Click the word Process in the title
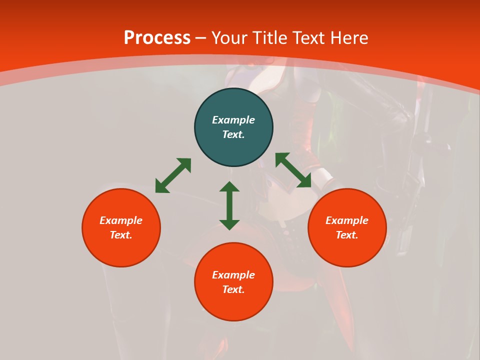pos(157,38)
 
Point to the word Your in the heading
pos(229,38)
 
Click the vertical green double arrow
pos(229,205)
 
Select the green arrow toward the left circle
pos(173,175)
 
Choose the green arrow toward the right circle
pos(293,170)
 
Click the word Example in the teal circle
pos(233,120)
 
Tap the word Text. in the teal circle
pos(233,134)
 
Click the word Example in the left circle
pos(121,220)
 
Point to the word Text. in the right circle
pos(347,235)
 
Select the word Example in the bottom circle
pos(233,275)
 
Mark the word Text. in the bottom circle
pos(233,289)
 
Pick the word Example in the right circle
pos(347,220)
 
